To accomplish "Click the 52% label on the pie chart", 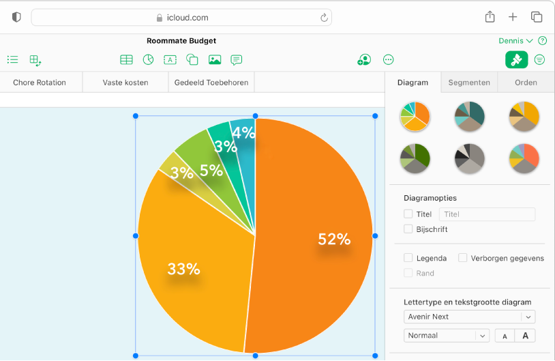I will coord(334,240).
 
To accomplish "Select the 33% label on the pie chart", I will coord(183,269).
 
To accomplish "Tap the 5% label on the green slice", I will coord(211,171).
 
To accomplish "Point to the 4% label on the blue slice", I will coord(243,133).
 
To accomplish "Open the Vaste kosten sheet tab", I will coord(125,83).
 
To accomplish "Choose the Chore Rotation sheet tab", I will coord(40,83).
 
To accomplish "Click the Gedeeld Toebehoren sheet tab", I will coord(211,83).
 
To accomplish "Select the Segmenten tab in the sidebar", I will coord(468,83).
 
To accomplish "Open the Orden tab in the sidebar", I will coord(526,83).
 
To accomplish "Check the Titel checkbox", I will coord(408,214).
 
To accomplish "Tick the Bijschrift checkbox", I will coord(408,229).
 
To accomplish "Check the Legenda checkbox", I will coord(408,258).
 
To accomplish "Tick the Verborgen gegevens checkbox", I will coord(463,258).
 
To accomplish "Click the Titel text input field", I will coord(487,214).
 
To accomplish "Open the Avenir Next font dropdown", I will coord(469,317).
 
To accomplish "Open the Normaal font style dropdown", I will coord(447,336).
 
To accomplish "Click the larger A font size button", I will coord(525,336).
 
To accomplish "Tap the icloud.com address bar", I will coord(181,18).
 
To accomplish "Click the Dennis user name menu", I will coord(515,41).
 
